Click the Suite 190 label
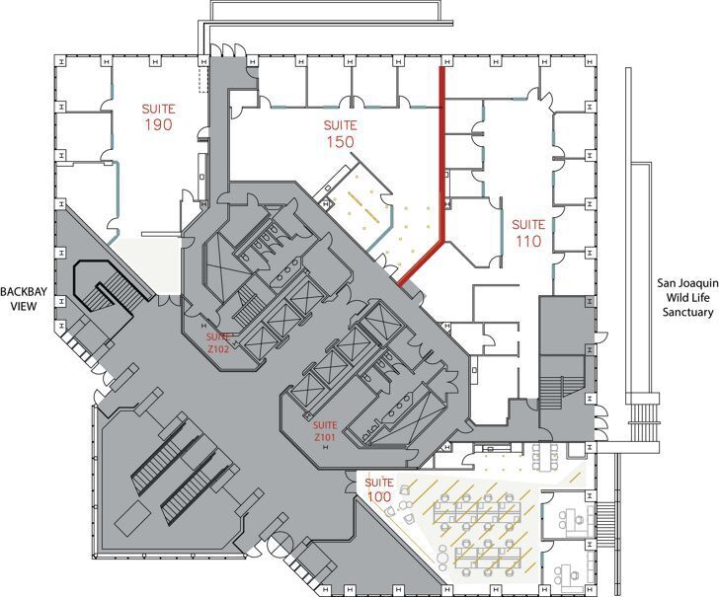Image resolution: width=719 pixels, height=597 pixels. tap(158, 117)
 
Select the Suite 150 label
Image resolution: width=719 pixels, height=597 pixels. tap(340, 134)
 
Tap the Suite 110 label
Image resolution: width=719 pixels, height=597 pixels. tap(528, 233)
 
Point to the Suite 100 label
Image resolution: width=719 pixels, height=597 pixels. tap(379, 489)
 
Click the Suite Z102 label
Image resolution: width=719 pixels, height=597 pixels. tap(218, 342)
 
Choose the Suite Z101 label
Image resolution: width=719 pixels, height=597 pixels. tap(326, 431)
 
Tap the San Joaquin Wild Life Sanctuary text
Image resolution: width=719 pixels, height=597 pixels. tap(687, 297)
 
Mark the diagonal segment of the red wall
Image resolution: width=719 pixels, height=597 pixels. tap(421, 262)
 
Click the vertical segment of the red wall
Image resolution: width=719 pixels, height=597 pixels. tap(442, 153)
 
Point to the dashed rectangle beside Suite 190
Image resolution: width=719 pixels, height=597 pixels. tap(203, 81)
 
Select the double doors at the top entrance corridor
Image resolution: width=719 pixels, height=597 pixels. tap(228, 49)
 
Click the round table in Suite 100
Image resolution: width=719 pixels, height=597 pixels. tap(442, 556)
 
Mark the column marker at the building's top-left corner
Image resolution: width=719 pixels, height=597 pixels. tap(60, 60)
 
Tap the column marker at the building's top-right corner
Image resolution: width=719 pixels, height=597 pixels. tap(591, 60)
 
